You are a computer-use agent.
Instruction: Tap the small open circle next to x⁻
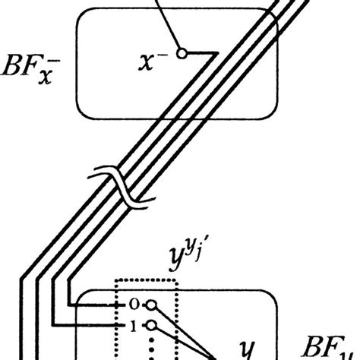(181, 53)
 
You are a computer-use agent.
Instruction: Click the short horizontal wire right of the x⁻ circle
(199, 53)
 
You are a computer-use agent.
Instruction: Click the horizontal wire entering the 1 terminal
(84, 326)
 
